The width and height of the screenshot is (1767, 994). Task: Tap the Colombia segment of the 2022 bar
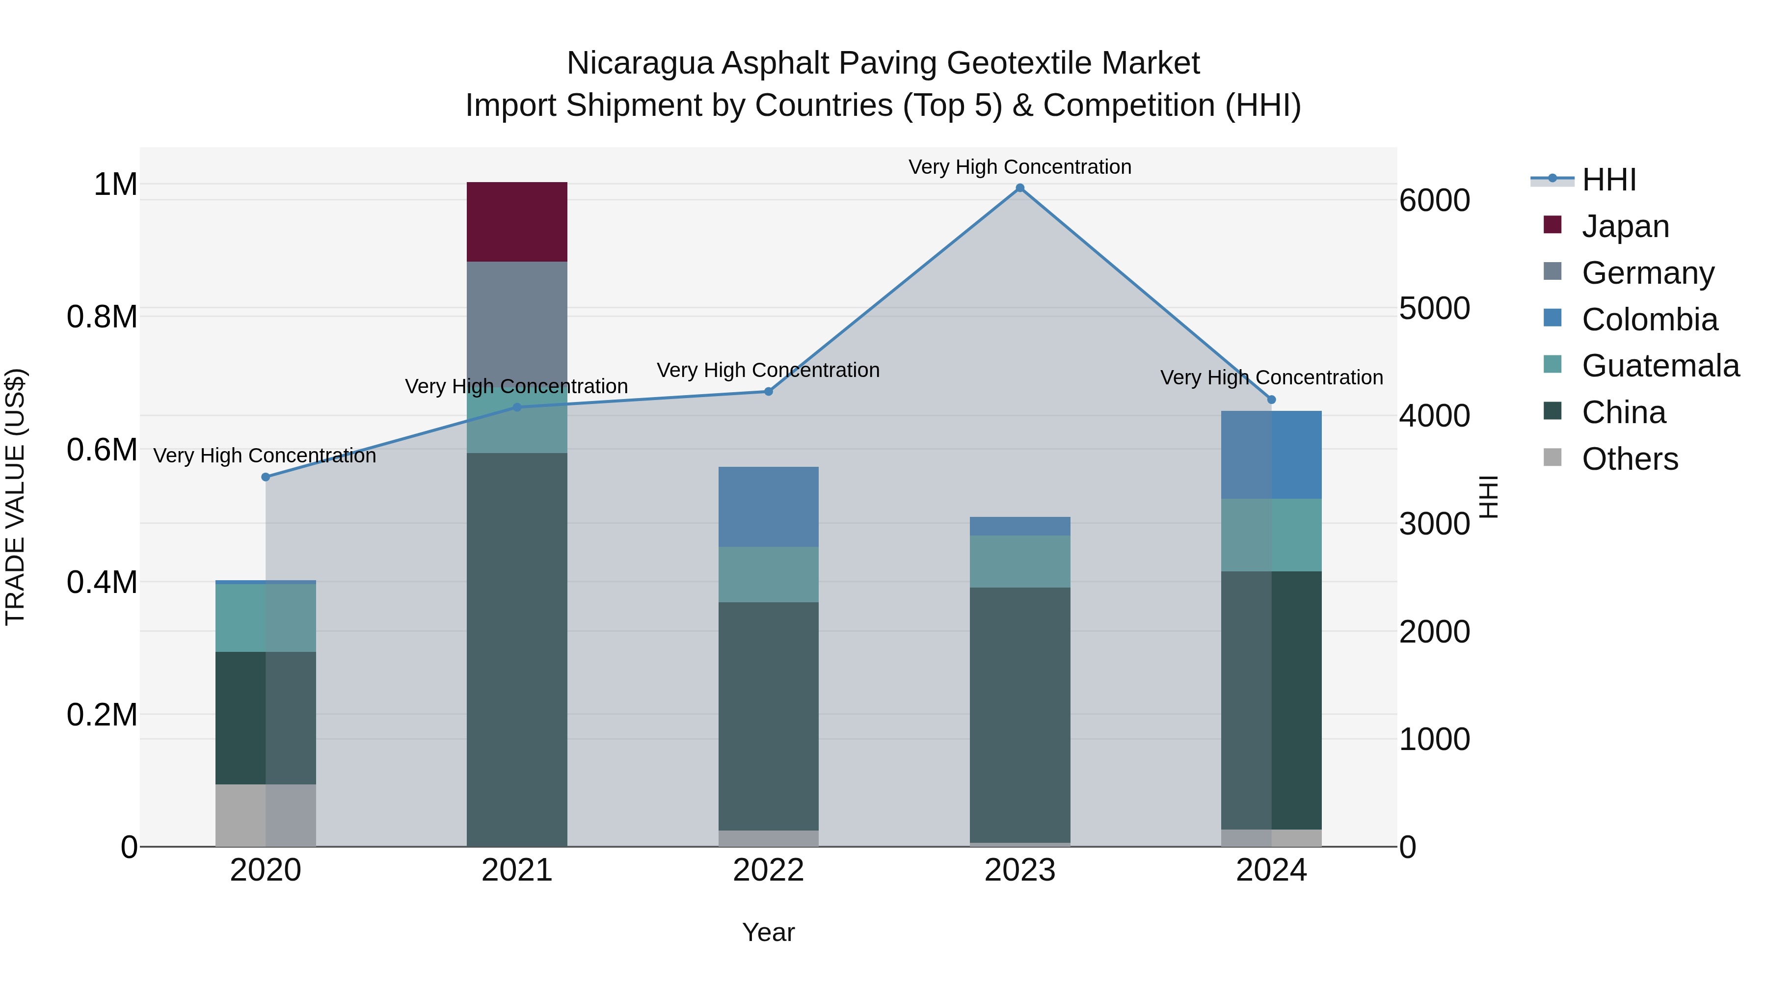click(x=768, y=506)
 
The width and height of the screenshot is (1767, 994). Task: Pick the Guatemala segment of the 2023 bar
click(x=1019, y=561)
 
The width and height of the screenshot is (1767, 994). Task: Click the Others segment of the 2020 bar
click(x=266, y=814)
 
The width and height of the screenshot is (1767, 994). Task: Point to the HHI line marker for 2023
click(x=1019, y=188)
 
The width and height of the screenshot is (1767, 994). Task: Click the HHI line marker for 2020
click(x=266, y=477)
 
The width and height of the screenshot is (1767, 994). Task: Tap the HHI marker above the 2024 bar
click(x=1271, y=399)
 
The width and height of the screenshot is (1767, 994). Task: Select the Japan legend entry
click(x=1624, y=226)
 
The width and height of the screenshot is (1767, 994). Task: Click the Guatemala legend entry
click(x=1660, y=366)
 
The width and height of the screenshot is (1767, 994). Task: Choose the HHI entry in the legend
click(x=1608, y=180)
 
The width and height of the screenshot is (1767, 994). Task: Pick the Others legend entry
click(x=1629, y=459)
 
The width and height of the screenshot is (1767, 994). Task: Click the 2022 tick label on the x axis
click(x=768, y=870)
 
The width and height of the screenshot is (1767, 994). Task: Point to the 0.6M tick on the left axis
click(x=102, y=450)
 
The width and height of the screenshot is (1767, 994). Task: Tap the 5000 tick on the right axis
click(x=1434, y=309)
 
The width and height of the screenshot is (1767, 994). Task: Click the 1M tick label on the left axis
click(x=115, y=185)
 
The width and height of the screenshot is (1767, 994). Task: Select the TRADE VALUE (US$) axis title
click(x=16, y=497)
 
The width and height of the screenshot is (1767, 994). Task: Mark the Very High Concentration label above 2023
click(x=1019, y=167)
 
